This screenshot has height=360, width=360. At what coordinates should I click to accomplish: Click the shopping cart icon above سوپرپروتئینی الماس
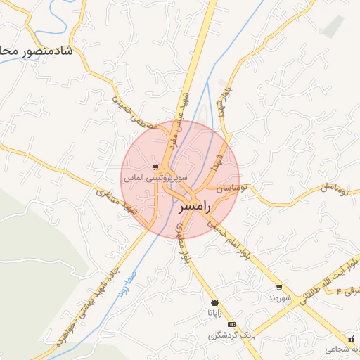[155, 167]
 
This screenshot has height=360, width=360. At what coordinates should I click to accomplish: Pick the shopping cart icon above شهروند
[279, 287]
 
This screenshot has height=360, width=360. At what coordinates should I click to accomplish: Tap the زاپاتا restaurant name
[214, 312]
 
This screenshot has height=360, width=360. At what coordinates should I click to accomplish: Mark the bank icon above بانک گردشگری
[232, 325]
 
